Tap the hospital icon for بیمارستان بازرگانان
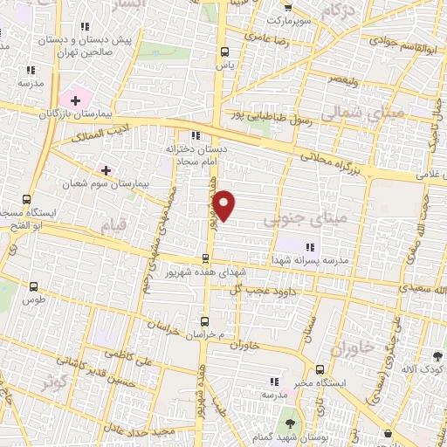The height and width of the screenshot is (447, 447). click(x=75, y=100)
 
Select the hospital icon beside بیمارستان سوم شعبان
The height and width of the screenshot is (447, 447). click(x=106, y=169)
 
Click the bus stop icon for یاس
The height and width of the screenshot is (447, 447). click(x=225, y=51)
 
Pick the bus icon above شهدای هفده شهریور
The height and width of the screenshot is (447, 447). click(x=205, y=258)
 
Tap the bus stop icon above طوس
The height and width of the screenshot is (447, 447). click(x=34, y=286)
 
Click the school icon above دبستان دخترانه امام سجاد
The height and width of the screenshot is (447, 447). click(x=195, y=135)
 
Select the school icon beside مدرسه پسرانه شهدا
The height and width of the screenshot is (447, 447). click(x=310, y=248)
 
